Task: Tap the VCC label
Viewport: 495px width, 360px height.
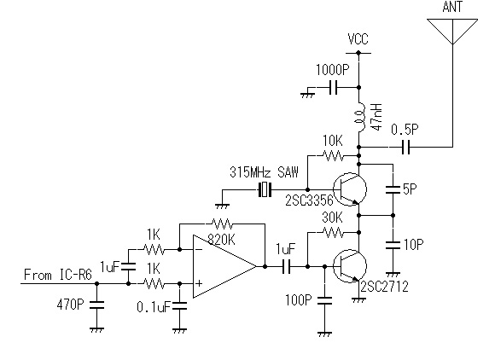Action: (358, 39)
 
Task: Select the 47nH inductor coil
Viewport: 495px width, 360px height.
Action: (360, 117)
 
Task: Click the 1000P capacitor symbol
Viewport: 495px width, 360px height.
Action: (333, 87)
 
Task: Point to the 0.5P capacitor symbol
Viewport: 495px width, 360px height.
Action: (406, 147)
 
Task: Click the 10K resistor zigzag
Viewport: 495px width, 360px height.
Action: (333, 155)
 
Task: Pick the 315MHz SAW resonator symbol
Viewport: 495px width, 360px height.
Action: (265, 190)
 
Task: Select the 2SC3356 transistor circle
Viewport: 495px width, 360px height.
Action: (350, 189)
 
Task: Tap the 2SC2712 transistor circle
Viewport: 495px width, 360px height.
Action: (350, 266)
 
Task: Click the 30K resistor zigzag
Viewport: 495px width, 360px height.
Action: (333, 233)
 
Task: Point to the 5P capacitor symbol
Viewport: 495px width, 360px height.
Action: (393, 189)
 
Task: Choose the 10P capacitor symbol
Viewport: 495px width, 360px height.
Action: (393, 245)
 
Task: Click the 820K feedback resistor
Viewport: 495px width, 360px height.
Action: (222, 224)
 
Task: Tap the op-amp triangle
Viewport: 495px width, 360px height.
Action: (224, 266)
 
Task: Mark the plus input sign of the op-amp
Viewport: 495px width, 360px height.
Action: (199, 283)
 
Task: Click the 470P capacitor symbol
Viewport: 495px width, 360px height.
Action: (97, 305)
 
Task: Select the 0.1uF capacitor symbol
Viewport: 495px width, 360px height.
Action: (179, 305)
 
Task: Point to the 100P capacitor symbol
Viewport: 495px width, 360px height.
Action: (325, 300)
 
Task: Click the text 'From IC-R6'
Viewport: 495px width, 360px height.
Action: (58, 275)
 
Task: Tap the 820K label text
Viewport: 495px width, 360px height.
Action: (221, 241)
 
